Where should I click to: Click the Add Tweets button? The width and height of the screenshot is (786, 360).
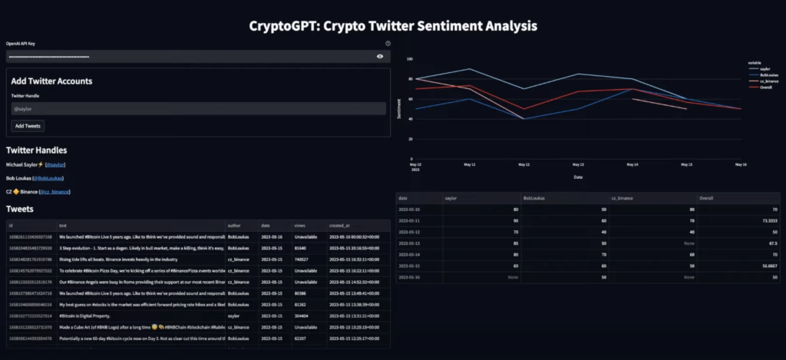tap(28, 125)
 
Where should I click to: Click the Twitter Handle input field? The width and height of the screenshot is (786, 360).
tap(197, 109)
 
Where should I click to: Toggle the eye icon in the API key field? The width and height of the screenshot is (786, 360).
tap(380, 57)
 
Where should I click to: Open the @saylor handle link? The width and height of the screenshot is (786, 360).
tap(55, 164)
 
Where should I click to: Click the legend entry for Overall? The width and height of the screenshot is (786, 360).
tap(765, 87)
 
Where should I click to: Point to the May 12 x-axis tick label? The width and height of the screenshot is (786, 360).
tap(523, 164)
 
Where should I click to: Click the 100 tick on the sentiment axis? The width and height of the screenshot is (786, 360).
tap(410, 59)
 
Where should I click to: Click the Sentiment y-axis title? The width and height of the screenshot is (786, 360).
tap(398, 110)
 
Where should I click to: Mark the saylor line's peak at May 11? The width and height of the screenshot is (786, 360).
tap(469, 69)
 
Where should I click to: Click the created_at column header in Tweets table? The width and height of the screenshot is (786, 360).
tap(337, 225)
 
